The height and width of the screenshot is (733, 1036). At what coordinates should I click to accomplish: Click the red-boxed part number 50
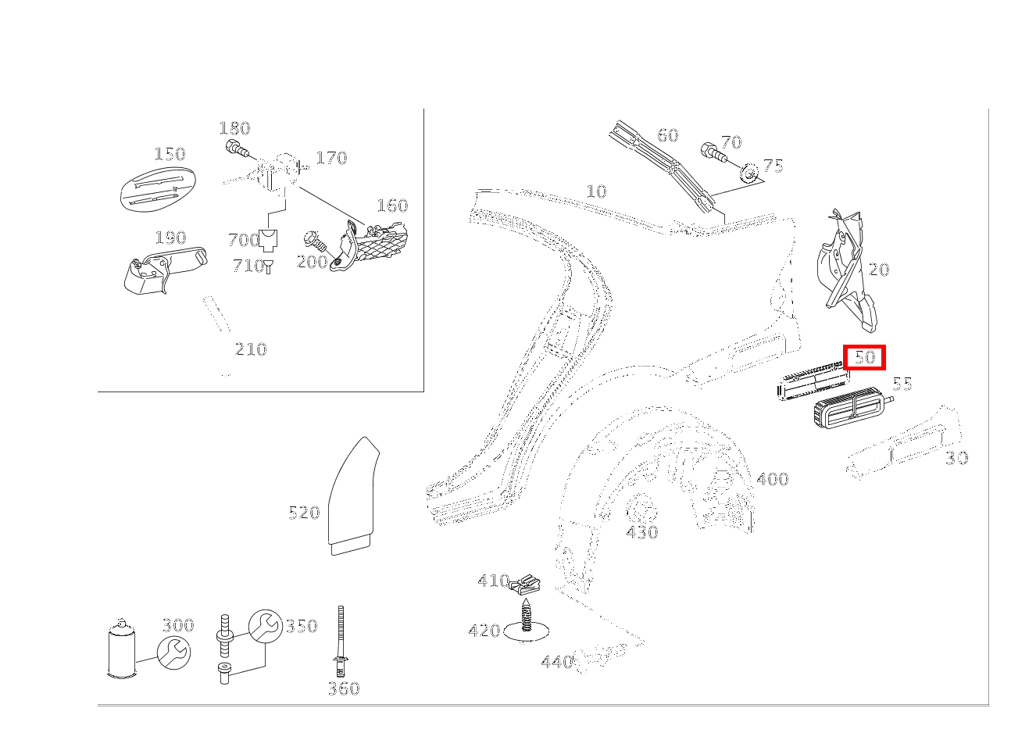click(864, 358)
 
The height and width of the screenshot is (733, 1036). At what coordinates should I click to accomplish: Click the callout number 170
click(331, 158)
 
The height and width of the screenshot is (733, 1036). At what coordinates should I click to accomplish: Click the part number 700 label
click(244, 240)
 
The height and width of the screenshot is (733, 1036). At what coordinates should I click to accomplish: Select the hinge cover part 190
click(161, 272)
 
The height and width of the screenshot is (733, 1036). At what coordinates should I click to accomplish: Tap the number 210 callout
click(251, 349)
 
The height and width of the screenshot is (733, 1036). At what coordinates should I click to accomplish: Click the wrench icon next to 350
click(265, 626)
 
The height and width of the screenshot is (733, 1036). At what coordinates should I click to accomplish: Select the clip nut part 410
click(524, 584)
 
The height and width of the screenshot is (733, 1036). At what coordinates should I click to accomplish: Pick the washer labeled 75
click(750, 172)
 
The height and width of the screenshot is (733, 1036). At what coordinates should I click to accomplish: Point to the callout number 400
click(772, 479)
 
